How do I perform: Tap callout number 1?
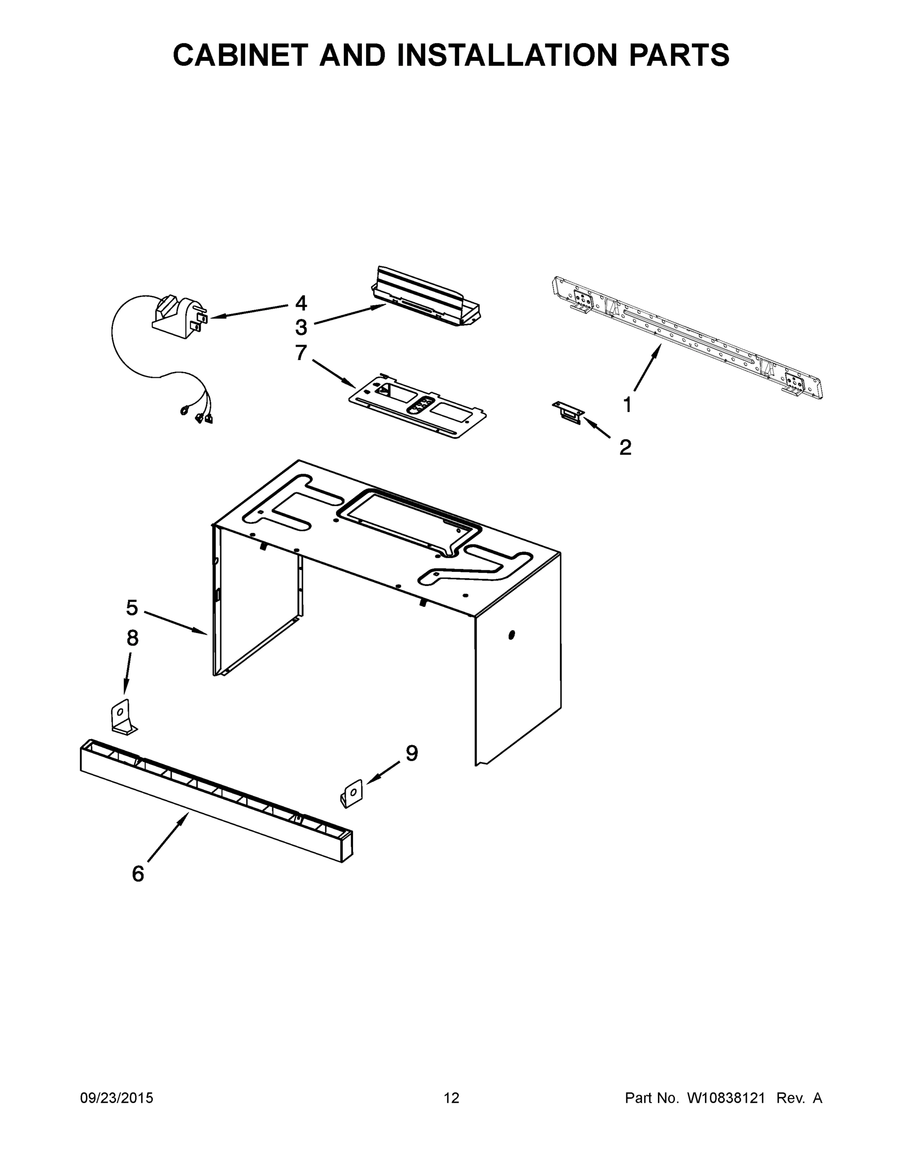pyautogui.click(x=628, y=405)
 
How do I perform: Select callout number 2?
pyautogui.click(x=625, y=447)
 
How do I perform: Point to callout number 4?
pyautogui.click(x=301, y=303)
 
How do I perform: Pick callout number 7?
pyautogui.click(x=301, y=353)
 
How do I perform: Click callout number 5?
pyautogui.click(x=132, y=607)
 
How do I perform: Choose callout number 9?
pyautogui.click(x=411, y=753)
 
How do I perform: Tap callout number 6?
pyautogui.click(x=138, y=874)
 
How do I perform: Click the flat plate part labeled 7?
pyautogui.click(x=417, y=406)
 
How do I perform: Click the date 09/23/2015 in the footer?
pyautogui.click(x=117, y=1098)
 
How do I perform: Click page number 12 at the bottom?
pyautogui.click(x=451, y=1098)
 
